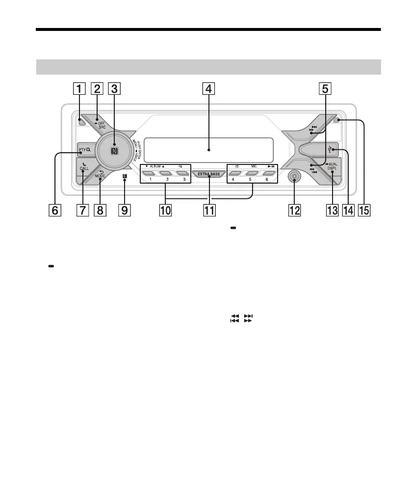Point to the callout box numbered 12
pyautogui.click(x=294, y=211)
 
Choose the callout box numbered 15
pyautogui.click(x=364, y=211)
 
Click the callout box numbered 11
pyautogui.click(x=209, y=211)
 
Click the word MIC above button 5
pyautogui.click(x=254, y=167)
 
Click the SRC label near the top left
pyautogui.click(x=102, y=127)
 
